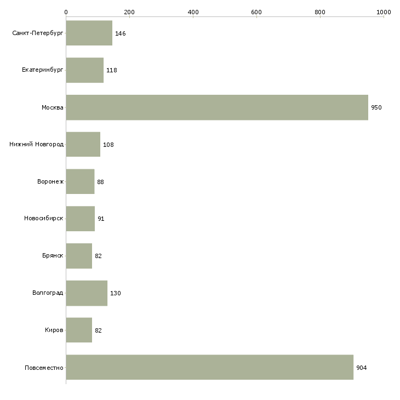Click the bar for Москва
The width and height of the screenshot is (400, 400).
coord(217,107)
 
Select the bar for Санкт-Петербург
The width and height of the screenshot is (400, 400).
coord(89,33)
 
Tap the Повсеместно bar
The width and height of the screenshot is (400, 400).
coord(210,367)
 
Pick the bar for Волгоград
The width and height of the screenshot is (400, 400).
coord(87,293)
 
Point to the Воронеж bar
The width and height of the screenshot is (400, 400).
coord(80,181)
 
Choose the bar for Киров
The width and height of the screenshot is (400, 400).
coord(79,330)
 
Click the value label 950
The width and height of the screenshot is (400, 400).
coord(376,107)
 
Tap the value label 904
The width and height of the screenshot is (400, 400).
coord(362,368)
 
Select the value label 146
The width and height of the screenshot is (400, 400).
coord(121,33)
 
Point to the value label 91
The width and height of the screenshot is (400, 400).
coord(101,219)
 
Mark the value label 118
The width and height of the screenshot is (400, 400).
coord(112,70)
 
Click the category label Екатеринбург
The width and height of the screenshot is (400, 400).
coord(42,70)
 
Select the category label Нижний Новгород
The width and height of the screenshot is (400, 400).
coord(37,144)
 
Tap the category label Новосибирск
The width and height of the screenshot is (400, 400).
coord(44,219)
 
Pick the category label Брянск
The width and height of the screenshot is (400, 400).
coord(53,255)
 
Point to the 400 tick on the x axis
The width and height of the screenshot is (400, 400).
coord(193,12)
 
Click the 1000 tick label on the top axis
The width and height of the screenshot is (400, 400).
coord(384,12)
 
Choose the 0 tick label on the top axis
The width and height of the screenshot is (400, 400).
coord(66,12)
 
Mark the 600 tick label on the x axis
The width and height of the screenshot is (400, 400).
coord(256,12)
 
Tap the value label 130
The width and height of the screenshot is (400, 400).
coord(116,293)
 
